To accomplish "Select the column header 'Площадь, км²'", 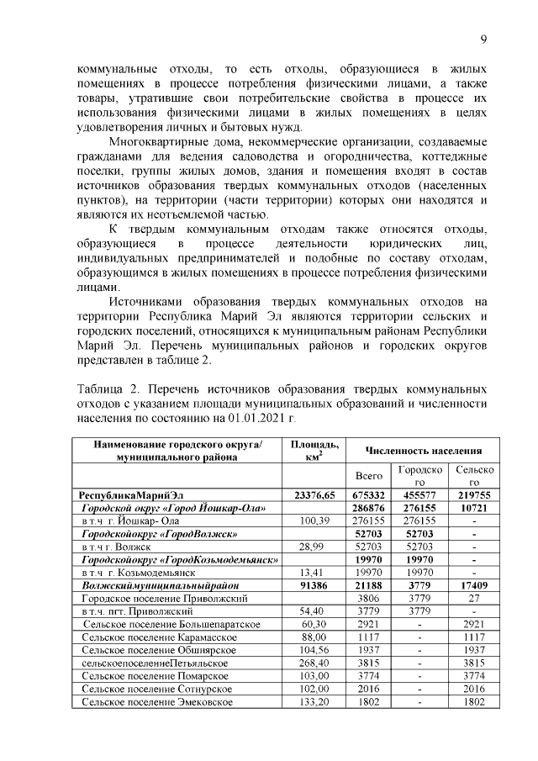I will click(x=314, y=450).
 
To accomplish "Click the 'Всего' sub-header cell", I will click(x=369, y=475).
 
